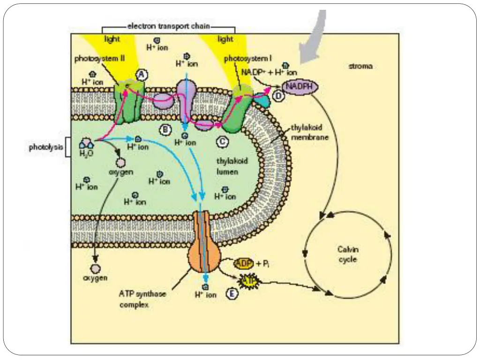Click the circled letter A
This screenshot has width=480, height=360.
click(x=141, y=74)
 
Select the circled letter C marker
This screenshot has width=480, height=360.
click(x=222, y=140)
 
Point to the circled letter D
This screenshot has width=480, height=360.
click(x=278, y=97)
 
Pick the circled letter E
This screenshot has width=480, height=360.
click(x=232, y=293)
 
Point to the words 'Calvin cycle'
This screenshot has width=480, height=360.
click(x=348, y=254)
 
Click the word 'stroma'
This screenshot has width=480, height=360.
click(x=360, y=66)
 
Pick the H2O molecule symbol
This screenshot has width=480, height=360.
click(x=86, y=143)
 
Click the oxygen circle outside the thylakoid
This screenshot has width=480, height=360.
click(x=96, y=269)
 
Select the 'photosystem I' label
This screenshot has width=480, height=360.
click(x=247, y=59)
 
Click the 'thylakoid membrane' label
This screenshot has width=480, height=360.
click(x=309, y=132)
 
